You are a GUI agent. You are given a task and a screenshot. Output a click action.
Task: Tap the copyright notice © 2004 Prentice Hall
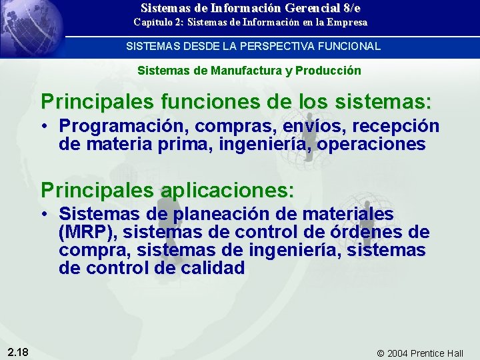tap(420, 353)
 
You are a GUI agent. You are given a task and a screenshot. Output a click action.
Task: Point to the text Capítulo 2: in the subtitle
tap(159, 23)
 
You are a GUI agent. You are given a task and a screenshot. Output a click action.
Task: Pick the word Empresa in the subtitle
tap(345, 23)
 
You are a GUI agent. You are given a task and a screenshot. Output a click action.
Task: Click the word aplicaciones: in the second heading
tap(227, 190)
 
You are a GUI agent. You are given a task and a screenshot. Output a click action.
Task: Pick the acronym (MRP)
tap(87, 233)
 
